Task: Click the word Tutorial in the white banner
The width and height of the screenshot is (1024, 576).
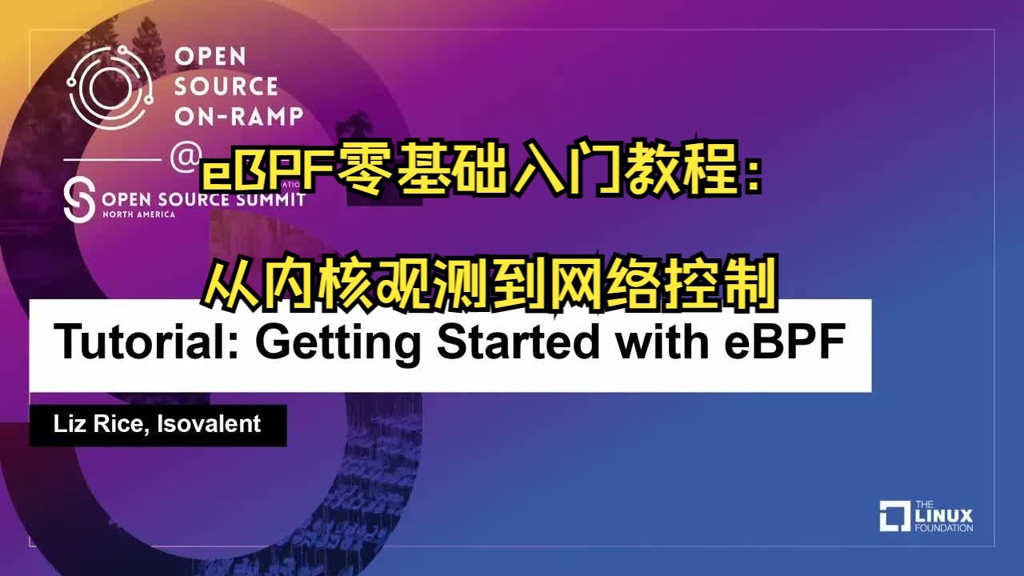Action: tap(146, 342)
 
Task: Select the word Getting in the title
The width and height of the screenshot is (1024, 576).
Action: tap(338, 345)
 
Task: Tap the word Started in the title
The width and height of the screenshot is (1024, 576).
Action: tap(518, 342)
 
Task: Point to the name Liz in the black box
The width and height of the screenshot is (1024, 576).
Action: tap(70, 424)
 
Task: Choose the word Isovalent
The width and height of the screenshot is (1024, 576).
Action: tap(209, 424)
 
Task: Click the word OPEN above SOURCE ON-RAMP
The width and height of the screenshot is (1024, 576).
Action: tap(210, 57)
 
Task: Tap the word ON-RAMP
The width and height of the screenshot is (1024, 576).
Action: tap(238, 116)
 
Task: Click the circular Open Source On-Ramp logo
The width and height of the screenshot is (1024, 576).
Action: tap(110, 87)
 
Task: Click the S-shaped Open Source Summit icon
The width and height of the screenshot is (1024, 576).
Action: tap(79, 200)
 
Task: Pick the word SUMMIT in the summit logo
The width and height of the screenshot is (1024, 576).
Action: tap(271, 200)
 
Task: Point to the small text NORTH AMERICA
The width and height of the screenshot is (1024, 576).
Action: tap(139, 214)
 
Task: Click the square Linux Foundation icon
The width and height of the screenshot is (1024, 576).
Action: tap(895, 516)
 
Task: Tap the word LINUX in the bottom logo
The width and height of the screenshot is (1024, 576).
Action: tap(944, 517)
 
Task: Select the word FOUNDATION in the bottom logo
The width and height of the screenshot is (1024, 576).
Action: tap(944, 528)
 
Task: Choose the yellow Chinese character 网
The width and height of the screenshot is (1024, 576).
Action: tap(578, 283)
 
